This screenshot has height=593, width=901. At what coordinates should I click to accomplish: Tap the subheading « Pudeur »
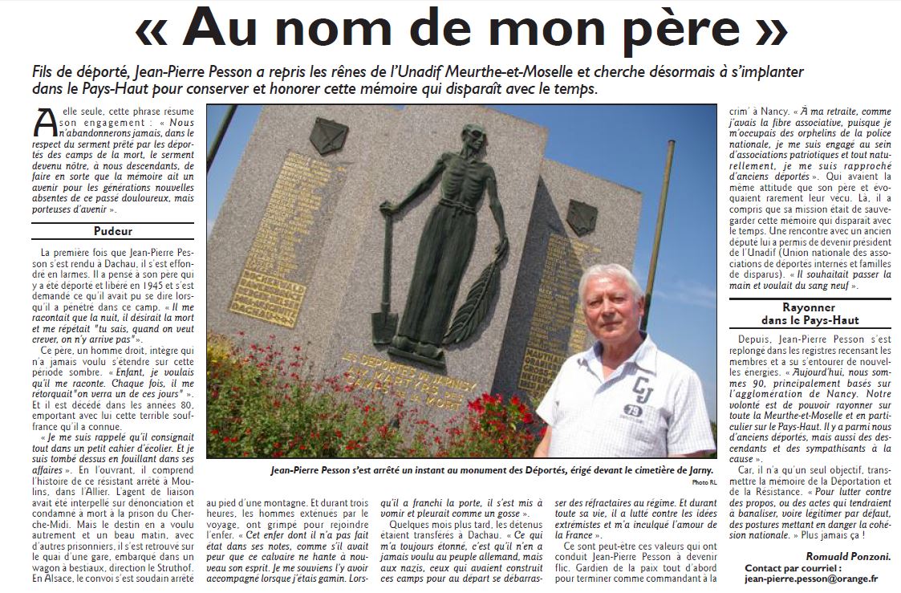112,231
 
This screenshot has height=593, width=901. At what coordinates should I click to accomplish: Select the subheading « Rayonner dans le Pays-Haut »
809,314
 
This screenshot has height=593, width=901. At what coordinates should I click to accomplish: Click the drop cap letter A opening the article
45,122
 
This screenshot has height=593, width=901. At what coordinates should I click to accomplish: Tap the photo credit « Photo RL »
703,481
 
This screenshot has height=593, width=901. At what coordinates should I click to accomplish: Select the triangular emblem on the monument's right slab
581,217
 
